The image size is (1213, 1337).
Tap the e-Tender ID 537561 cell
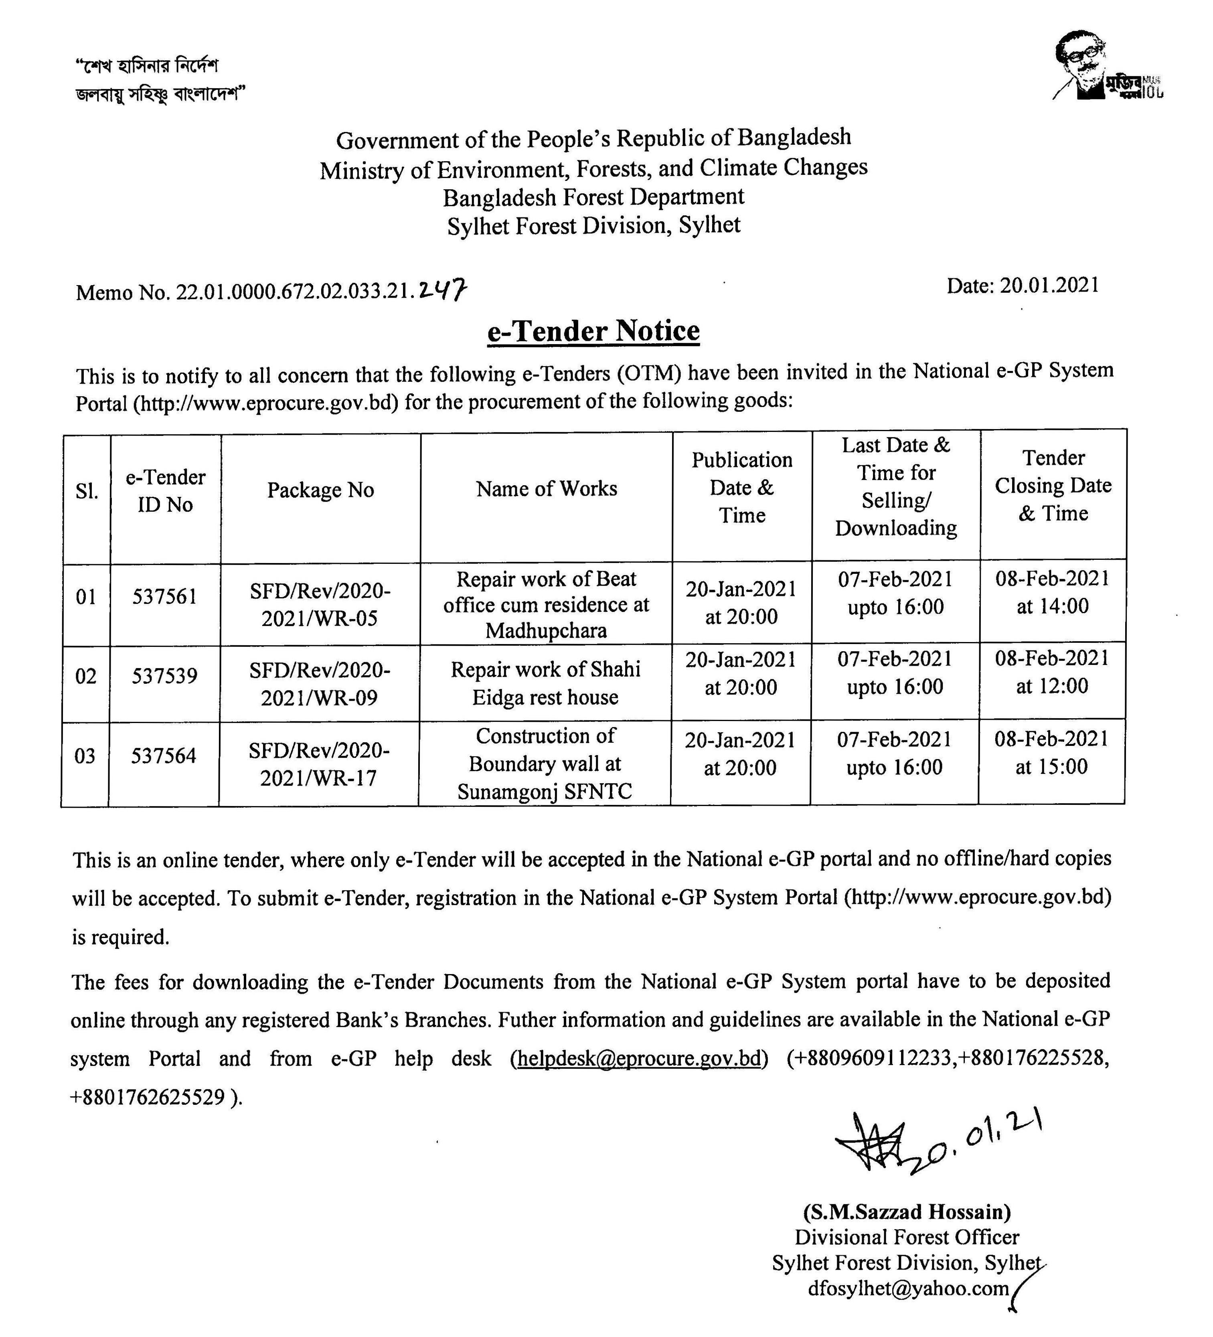[164, 596]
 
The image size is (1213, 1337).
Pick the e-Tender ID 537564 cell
[164, 756]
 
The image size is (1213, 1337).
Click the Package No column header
[320, 490]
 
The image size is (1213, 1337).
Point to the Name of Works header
[547, 489]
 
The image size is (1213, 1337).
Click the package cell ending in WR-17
[319, 764]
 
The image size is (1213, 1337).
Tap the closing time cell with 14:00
[1053, 592]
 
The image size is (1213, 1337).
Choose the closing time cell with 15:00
[1051, 753]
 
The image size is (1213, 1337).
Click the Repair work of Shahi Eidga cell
[545, 683]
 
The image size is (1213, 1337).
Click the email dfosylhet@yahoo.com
[909, 1288]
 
